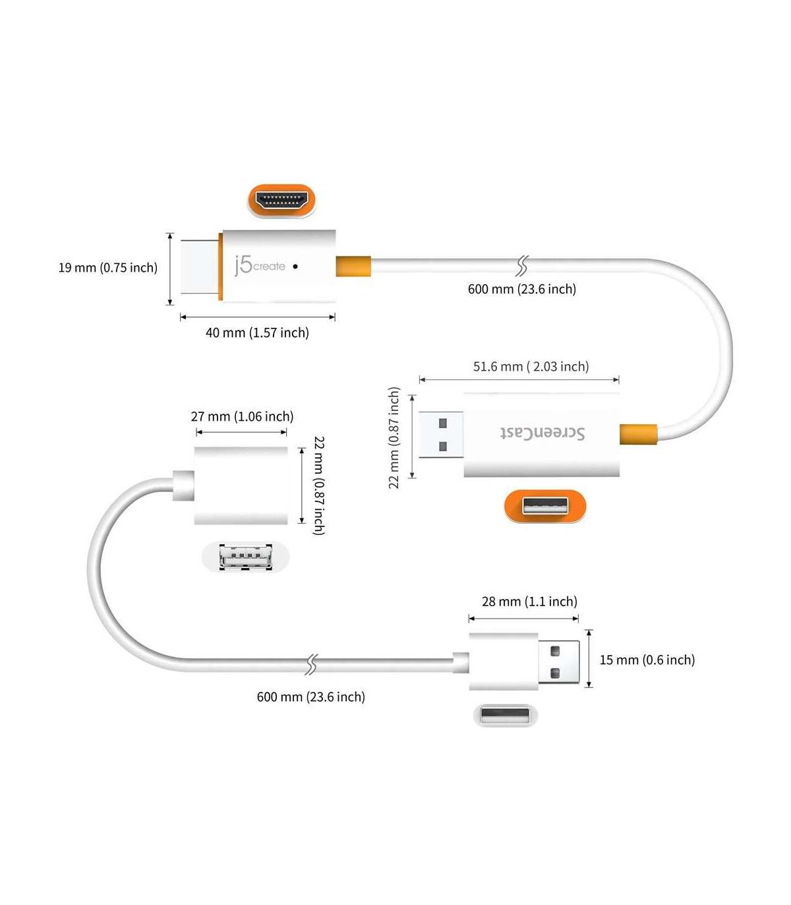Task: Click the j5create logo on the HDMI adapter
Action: tap(260, 265)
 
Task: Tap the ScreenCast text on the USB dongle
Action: tap(542, 433)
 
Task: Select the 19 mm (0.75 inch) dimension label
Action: tap(108, 268)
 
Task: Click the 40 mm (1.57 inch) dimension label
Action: tap(257, 333)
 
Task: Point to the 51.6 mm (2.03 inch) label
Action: tap(531, 367)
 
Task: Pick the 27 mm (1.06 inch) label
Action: tap(242, 417)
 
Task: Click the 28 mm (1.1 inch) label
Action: tap(529, 602)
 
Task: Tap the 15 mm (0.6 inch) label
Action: tap(647, 660)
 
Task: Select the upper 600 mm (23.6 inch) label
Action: tap(521, 289)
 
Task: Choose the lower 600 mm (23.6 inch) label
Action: tap(310, 697)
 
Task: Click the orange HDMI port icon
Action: tap(281, 200)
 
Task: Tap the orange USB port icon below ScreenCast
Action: tap(545, 506)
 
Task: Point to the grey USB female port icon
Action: tap(245, 557)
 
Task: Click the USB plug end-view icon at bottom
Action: tap(506, 716)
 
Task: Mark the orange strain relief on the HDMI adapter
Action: tap(353, 266)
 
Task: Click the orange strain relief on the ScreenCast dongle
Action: tap(638, 434)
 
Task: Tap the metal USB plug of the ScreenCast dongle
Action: tap(440, 435)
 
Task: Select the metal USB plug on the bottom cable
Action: tap(559, 662)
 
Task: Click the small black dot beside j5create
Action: tap(295, 266)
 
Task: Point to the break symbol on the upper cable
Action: tap(521, 266)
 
